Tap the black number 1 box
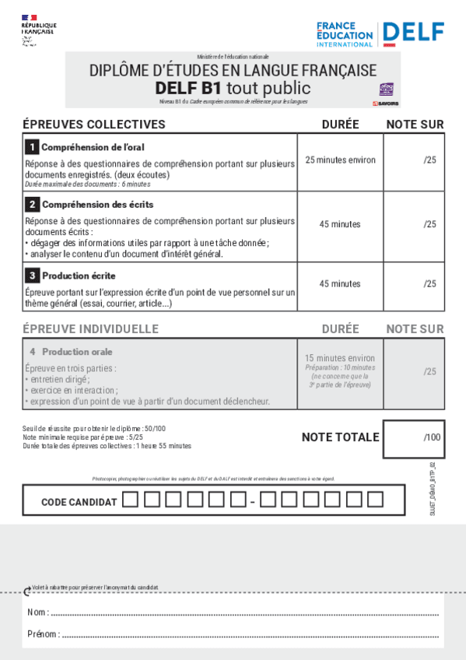point(32,146)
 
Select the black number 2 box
point(32,205)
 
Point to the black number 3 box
point(32,276)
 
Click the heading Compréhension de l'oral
point(93,147)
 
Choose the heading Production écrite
point(79,276)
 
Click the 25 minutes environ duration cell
point(340,160)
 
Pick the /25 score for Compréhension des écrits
point(429,224)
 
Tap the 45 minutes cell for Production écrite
point(340,284)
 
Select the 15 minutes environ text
point(340,358)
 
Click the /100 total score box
point(415,437)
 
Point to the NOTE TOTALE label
point(340,437)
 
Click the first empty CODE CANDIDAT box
point(131,500)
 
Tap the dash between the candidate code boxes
point(253,503)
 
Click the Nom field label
point(37,613)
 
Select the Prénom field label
point(43,634)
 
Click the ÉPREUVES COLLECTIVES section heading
point(94,125)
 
